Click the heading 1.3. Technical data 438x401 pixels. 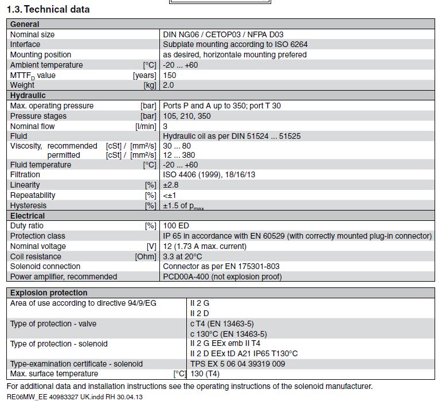[48, 9]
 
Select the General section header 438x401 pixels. [25, 24]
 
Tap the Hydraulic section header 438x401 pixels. [28, 95]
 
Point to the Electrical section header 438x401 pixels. [28, 216]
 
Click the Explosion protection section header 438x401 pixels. [49, 293]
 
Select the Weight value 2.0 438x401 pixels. [169, 85]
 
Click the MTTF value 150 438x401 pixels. [170, 75]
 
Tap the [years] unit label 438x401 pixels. [144, 75]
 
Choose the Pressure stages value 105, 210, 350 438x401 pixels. [187, 116]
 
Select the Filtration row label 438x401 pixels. [25, 174]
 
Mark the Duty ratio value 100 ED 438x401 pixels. [178, 226]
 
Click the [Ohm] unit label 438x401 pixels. [144, 256]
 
